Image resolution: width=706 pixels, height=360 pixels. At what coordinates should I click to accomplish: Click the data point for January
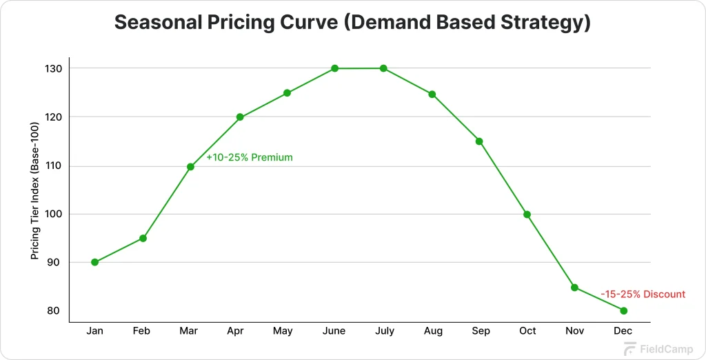(94, 262)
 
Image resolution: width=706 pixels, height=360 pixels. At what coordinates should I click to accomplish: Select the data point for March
(190, 166)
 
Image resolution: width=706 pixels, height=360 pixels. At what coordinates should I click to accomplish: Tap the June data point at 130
(334, 68)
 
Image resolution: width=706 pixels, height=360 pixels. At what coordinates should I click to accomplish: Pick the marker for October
(527, 214)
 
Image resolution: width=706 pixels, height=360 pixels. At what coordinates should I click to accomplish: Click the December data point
(624, 310)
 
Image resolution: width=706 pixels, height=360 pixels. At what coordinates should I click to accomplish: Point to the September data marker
(479, 141)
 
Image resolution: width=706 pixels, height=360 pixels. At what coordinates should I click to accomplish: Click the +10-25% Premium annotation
(249, 157)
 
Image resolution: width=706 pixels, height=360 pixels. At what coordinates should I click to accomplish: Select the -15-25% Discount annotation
(643, 294)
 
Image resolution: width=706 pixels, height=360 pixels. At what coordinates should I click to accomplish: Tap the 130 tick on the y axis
(54, 69)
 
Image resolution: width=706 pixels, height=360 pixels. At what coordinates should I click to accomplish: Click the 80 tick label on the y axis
(54, 310)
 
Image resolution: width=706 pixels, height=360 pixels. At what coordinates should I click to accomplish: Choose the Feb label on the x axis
(141, 331)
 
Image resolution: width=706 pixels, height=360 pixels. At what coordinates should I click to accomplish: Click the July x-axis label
(385, 331)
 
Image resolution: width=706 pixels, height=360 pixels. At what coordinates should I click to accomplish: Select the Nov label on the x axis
(575, 331)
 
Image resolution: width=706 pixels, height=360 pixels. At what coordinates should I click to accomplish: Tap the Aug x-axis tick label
(433, 331)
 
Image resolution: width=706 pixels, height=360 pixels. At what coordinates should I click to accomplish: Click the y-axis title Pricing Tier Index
(34, 190)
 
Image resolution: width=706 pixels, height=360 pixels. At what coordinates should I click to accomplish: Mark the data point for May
(287, 93)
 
